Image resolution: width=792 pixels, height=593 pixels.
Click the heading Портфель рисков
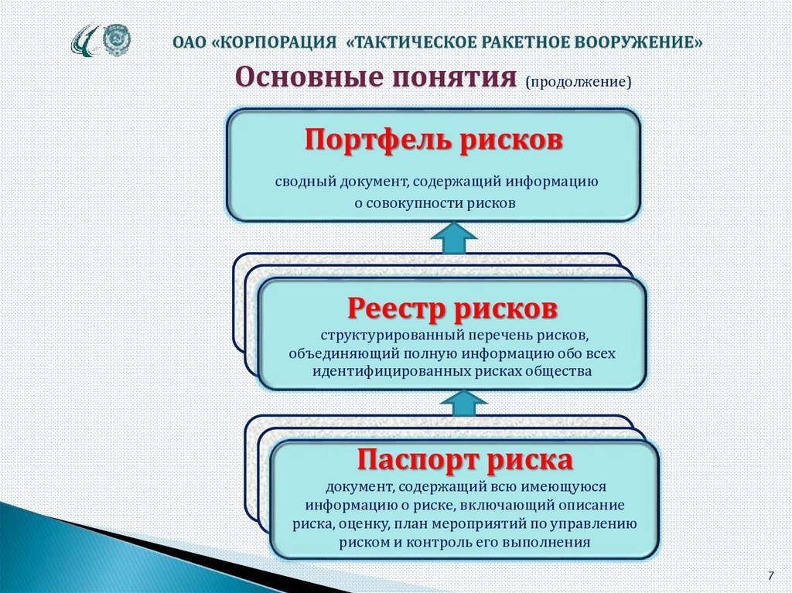(x=433, y=141)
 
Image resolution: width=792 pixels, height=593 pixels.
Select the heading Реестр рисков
(x=452, y=308)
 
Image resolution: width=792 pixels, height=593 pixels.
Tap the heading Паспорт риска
(x=465, y=461)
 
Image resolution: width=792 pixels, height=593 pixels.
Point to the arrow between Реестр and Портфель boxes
(x=453, y=237)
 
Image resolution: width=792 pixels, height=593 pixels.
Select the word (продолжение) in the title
(x=578, y=81)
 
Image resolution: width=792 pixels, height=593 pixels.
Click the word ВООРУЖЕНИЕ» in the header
(x=637, y=41)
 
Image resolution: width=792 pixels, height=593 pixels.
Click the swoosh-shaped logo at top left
(x=85, y=40)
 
